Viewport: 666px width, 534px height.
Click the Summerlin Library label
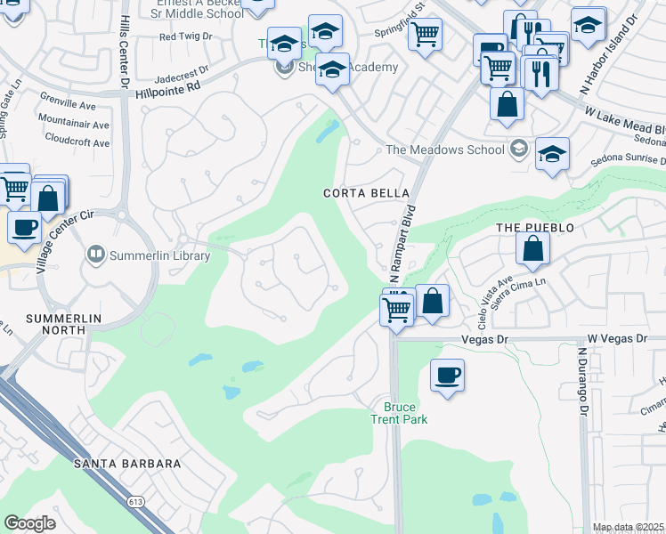pyautogui.click(x=159, y=256)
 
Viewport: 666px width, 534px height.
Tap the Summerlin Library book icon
pyautogui.click(x=95, y=255)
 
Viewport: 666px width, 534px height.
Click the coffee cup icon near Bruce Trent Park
pyautogui.click(x=447, y=374)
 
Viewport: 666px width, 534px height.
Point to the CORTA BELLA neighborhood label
pyautogui.click(x=366, y=193)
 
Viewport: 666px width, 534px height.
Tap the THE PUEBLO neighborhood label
pyautogui.click(x=535, y=228)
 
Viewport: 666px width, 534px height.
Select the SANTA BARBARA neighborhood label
pyautogui.click(x=127, y=464)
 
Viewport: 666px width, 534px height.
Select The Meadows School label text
pyautogui.click(x=444, y=150)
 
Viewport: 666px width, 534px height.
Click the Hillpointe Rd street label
pyautogui.click(x=170, y=91)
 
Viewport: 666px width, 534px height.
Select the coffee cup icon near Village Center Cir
pyautogui.click(x=25, y=226)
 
